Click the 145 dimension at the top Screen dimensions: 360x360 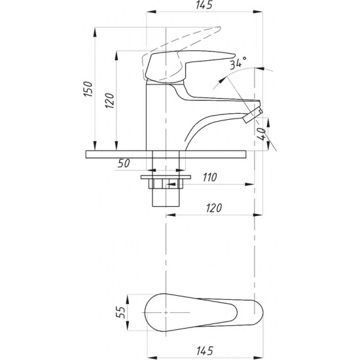tap(204, 5)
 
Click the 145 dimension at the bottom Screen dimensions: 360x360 tap(205, 351)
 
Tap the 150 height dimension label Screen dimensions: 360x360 tap(88, 89)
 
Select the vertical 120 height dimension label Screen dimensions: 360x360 tap(109, 101)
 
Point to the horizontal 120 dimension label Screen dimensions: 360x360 tap(214, 207)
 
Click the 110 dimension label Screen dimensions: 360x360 tap(209, 177)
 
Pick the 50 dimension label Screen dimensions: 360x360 tap(124, 163)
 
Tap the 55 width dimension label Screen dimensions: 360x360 tap(120, 312)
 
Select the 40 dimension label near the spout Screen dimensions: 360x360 tap(261, 134)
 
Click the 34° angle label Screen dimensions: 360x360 tap(238, 63)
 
